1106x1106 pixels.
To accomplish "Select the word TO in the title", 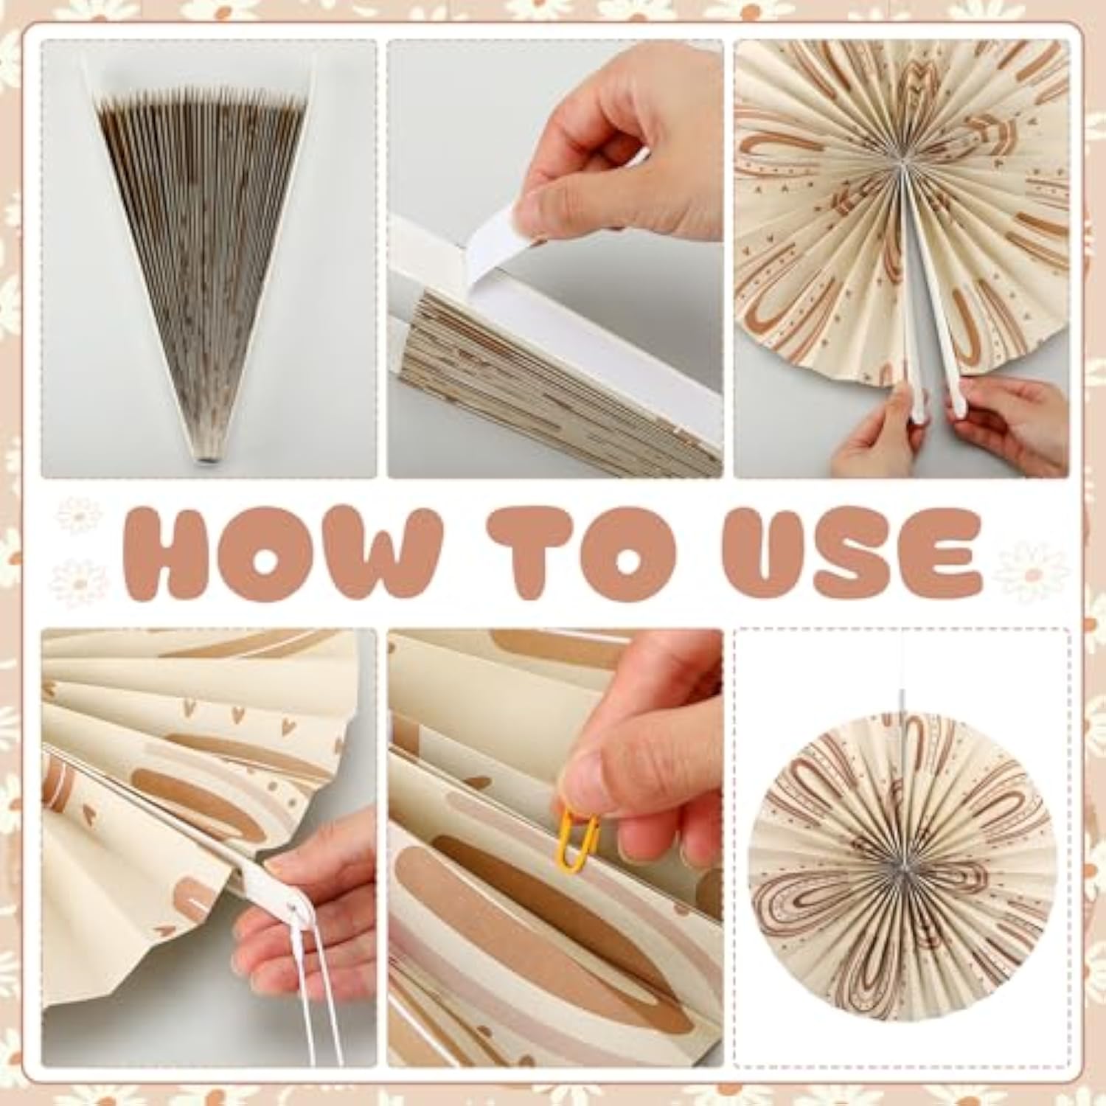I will pyautogui.click(x=582, y=553).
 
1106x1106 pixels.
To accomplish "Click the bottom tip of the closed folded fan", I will pyautogui.click(x=204, y=460).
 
